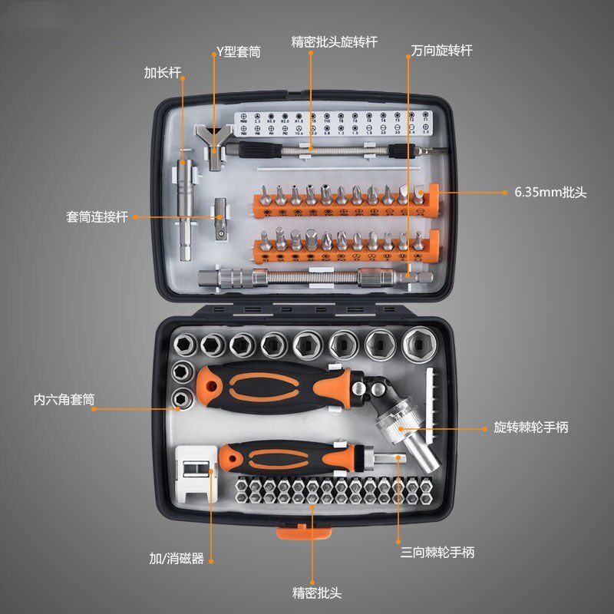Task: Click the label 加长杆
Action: click(162, 73)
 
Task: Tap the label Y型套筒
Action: click(238, 52)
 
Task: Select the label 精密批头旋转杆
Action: click(335, 40)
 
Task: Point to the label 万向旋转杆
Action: click(441, 51)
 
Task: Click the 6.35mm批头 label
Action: click(550, 193)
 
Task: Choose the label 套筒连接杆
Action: click(97, 217)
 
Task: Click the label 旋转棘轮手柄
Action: click(531, 427)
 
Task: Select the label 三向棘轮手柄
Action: click(437, 552)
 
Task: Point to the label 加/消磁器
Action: click(177, 559)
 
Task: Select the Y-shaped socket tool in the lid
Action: click(216, 145)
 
